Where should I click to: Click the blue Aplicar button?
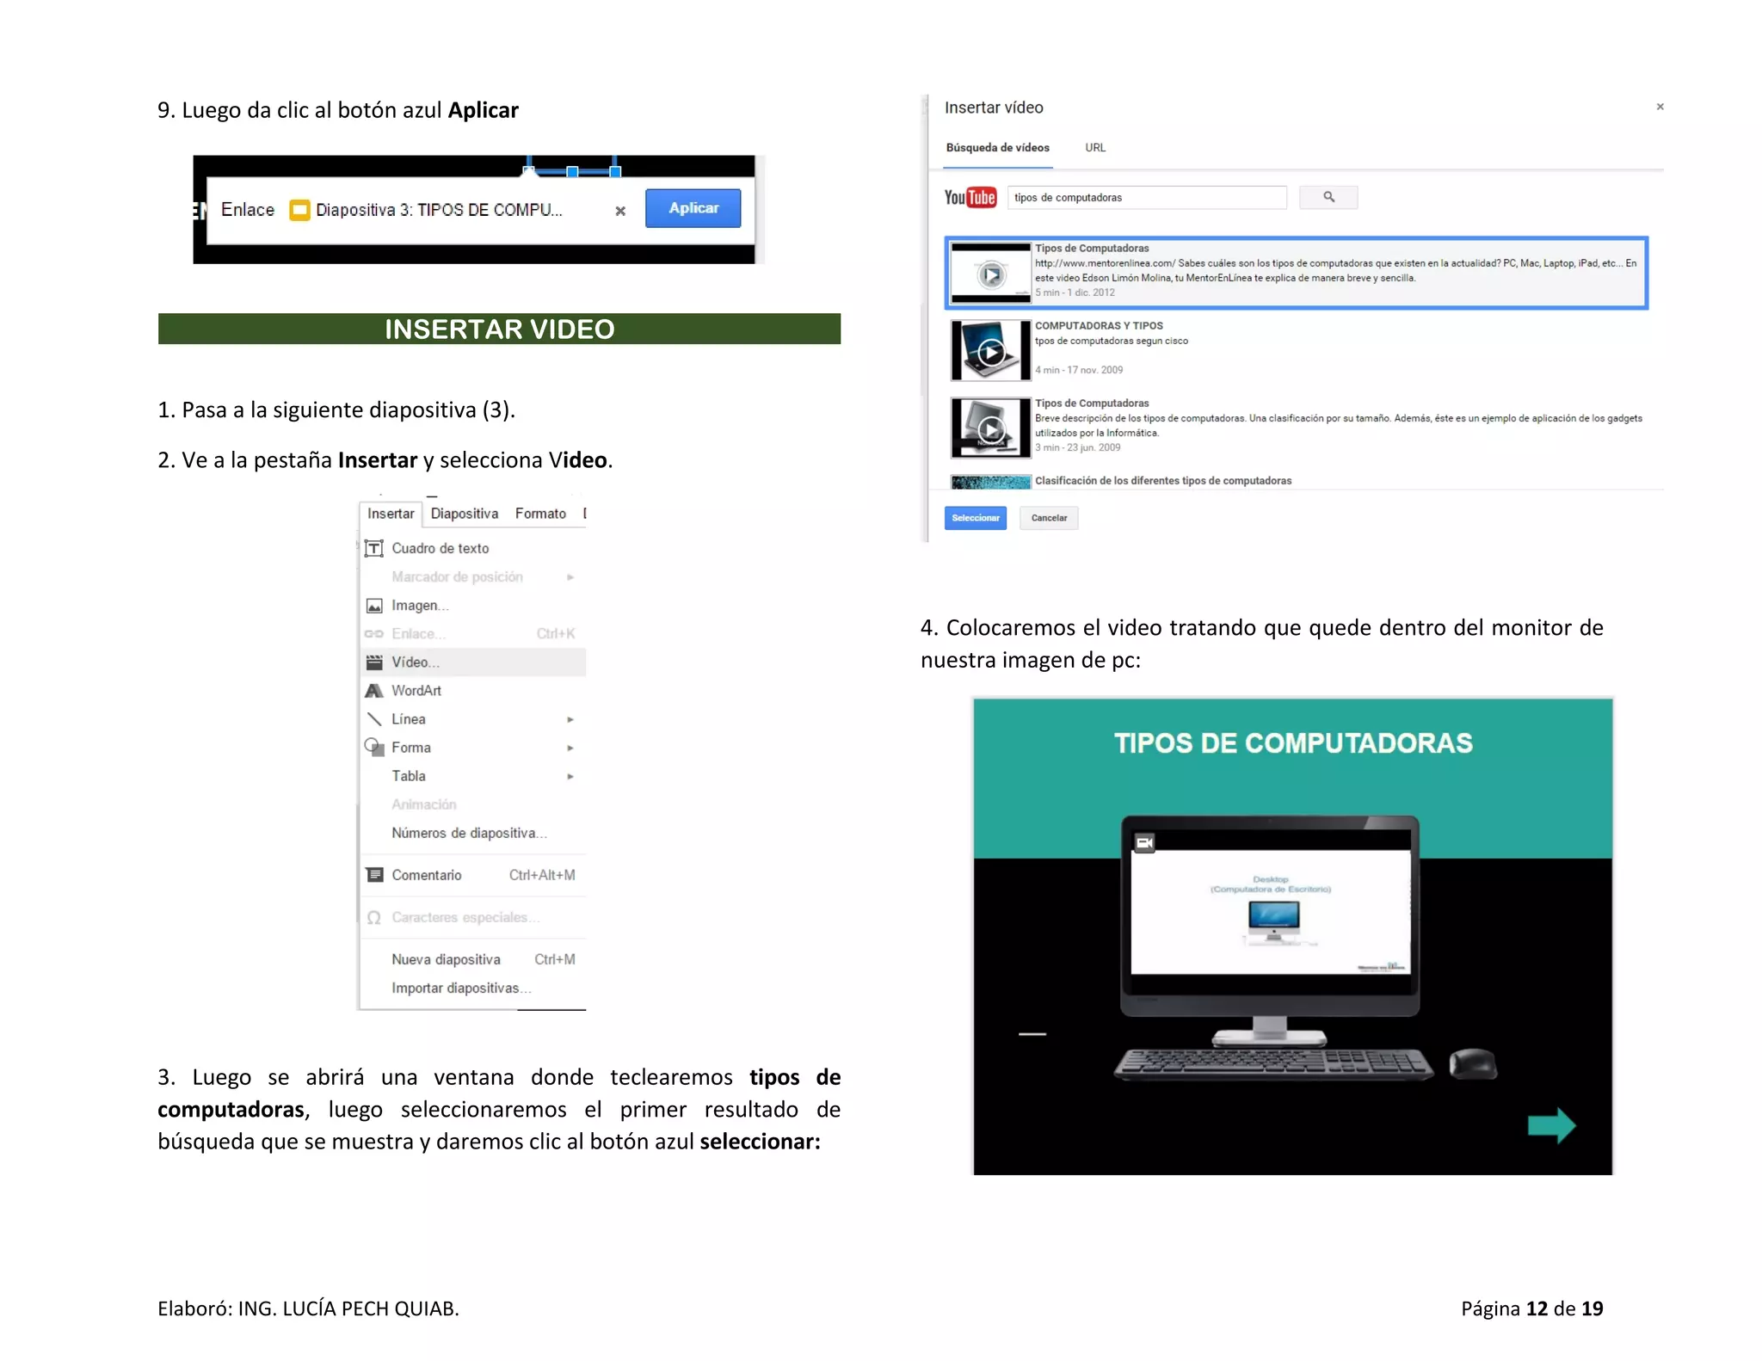pos(693,208)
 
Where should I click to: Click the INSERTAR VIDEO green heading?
pos(499,329)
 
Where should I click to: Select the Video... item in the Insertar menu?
pos(416,662)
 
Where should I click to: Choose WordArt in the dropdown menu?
pos(416,690)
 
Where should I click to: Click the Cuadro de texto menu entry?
pos(440,548)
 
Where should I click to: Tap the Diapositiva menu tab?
pos(464,514)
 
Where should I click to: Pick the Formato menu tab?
pos(540,514)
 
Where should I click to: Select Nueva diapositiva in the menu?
pos(446,959)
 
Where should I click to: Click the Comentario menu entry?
pos(427,875)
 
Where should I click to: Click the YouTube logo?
pos(970,198)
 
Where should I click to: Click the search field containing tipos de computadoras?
pos(1146,198)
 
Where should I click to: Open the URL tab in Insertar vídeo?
pos(1095,148)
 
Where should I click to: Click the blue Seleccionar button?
pos(975,518)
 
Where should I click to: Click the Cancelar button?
pos(1049,518)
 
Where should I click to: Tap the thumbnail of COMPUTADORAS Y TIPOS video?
pos(990,350)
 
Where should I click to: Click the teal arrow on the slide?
pos(1551,1124)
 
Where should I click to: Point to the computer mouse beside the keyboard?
pos(1473,1063)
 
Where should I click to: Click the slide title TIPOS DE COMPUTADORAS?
pos(1293,743)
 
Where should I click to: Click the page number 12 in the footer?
pos(1537,1309)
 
